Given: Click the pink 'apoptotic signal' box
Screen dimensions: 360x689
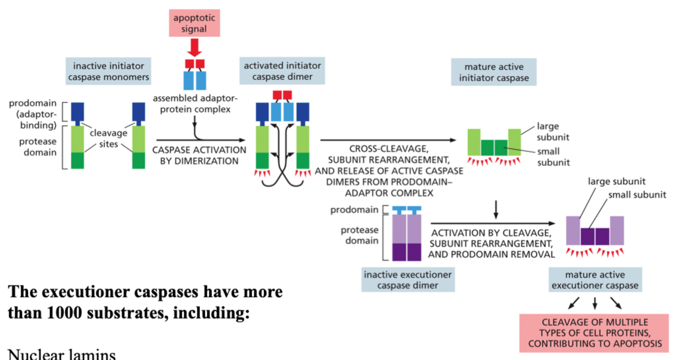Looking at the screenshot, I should [x=194, y=23].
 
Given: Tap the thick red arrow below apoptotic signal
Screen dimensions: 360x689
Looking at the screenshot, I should [x=195, y=48].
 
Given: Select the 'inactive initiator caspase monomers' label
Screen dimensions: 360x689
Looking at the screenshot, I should [x=108, y=71].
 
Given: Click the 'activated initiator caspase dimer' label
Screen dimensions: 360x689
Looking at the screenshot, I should [x=282, y=71].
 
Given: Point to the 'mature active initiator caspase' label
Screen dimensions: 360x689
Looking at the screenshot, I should [x=494, y=72].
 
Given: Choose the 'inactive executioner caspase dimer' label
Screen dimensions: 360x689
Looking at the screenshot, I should [x=408, y=280].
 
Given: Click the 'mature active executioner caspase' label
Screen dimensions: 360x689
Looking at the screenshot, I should [x=595, y=280].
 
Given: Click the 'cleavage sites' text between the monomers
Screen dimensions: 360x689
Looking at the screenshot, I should [x=108, y=138].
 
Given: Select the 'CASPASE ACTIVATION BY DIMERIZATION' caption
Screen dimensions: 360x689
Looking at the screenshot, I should [x=199, y=156].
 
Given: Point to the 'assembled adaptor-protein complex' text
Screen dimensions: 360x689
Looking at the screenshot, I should [x=195, y=104].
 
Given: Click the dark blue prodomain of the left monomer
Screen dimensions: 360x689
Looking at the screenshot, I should [x=78, y=112].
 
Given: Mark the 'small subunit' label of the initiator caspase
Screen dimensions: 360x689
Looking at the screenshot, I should [x=553, y=157].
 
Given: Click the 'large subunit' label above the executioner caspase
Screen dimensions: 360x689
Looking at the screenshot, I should [x=616, y=181].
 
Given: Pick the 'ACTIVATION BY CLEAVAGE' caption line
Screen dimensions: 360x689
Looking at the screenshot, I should [x=491, y=233].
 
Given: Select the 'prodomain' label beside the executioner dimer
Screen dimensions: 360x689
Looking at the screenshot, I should [x=354, y=210].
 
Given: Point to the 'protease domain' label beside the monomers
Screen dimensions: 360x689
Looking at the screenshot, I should [x=38, y=147].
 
